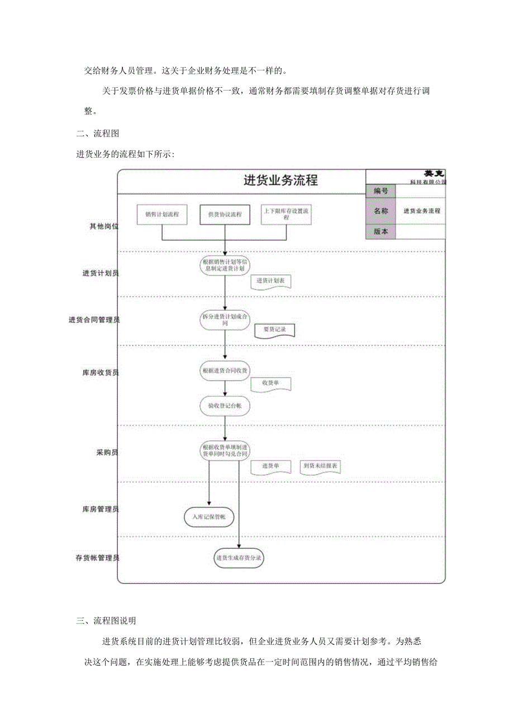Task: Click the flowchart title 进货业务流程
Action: (x=280, y=180)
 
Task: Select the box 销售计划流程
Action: (x=162, y=215)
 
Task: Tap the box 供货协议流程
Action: (x=225, y=215)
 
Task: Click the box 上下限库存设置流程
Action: (x=287, y=215)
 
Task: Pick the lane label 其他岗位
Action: (x=104, y=226)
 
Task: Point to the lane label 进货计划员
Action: (x=101, y=273)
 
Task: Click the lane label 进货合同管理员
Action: (x=94, y=320)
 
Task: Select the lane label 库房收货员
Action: (x=101, y=372)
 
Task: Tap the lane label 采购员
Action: (x=107, y=452)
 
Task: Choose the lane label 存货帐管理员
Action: (x=97, y=558)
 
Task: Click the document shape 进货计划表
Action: (x=271, y=281)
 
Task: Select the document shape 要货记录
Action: (x=274, y=330)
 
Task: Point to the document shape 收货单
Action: (x=271, y=383)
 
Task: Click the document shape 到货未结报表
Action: (x=320, y=465)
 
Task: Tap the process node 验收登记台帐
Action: (x=225, y=406)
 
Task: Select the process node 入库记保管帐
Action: (x=209, y=517)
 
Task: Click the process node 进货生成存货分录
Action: (x=239, y=558)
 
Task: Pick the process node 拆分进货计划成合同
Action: (x=225, y=320)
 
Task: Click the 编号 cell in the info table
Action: (x=381, y=191)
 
